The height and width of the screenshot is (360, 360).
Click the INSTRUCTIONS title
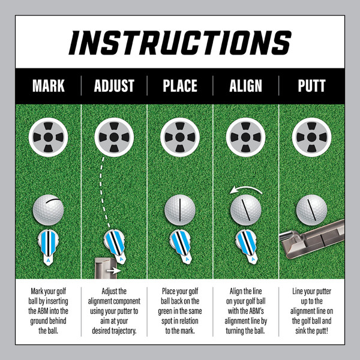180,43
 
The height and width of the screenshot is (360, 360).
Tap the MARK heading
49,86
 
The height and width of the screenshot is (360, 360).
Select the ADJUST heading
114,86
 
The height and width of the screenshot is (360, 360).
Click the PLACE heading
180,86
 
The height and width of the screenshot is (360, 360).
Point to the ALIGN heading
245,86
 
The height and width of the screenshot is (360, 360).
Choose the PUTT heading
311,86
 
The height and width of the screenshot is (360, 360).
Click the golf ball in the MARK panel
49,210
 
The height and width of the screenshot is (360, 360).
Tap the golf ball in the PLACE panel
180,210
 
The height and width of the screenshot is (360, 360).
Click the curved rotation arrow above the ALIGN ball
245,188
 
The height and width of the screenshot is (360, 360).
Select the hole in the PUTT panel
311,137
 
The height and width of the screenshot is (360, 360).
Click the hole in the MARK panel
49,137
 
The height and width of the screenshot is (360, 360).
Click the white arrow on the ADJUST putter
114,271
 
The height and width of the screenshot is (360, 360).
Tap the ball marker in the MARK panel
48,247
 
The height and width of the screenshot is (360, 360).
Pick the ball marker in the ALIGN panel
246,246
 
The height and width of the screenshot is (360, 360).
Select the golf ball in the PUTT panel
311,210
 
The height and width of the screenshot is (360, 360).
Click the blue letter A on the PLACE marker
187,259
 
